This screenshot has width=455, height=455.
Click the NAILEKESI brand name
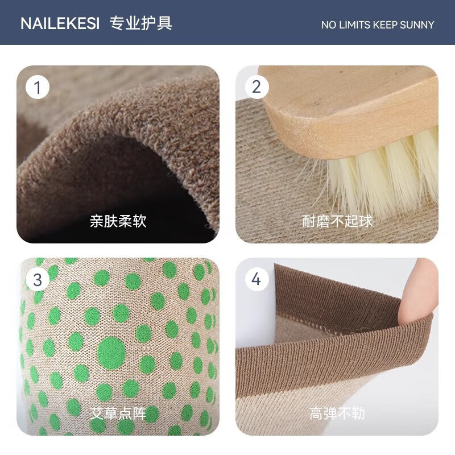60,23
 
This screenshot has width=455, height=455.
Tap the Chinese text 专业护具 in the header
140,23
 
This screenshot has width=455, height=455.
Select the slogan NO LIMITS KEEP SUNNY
377,24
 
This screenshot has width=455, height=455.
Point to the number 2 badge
257,87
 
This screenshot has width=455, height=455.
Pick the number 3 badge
38,280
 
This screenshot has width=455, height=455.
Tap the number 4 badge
257,280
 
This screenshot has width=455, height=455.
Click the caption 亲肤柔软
118,221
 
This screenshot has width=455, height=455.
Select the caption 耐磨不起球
337,221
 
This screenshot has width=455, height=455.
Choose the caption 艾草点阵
118,413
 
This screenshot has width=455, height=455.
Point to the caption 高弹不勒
337,413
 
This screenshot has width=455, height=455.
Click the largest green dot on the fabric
111,352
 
